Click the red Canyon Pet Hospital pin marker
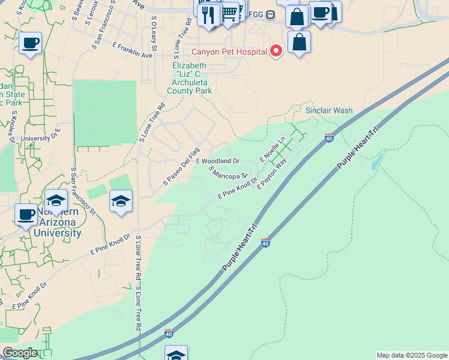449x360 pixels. (276, 51)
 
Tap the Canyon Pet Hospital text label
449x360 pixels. (229, 52)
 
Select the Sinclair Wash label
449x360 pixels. (329, 111)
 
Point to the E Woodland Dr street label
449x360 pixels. (217, 161)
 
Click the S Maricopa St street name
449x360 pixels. (229, 173)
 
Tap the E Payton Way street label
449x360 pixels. (272, 178)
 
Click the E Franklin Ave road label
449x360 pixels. (132, 50)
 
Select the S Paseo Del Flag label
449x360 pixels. (181, 166)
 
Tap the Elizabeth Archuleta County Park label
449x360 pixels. (192, 78)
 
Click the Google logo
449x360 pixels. (20, 353)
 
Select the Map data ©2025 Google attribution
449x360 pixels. (411, 355)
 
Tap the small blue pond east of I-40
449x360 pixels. (376, 161)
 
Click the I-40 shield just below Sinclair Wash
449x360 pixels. (328, 138)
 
